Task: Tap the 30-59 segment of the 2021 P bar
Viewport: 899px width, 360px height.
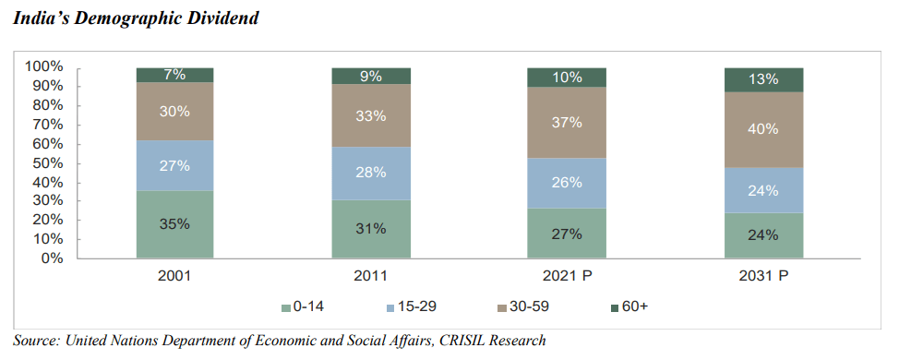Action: pyautogui.click(x=567, y=122)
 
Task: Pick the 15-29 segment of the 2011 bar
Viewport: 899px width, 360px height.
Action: pyautogui.click(x=370, y=174)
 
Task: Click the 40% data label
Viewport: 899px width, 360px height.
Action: pyautogui.click(x=763, y=129)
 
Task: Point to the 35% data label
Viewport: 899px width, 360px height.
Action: pyautogui.click(x=174, y=224)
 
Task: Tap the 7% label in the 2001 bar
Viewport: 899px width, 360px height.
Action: pyautogui.click(x=174, y=75)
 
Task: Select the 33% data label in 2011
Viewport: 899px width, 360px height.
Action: pyautogui.click(x=370, y=116)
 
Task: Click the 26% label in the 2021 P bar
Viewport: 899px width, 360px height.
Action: pyautogui.click(x=567, y=183)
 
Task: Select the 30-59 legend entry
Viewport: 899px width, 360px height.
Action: pyautogui.click(x=520, y=306)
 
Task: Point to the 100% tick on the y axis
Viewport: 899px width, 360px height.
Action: pyautogui.click(x=43, y=66)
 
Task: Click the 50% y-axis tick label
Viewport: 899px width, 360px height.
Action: pyautogui.click(x=47, y=162)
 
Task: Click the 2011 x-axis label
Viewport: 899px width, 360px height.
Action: pyautogui.click(x=370, y=275)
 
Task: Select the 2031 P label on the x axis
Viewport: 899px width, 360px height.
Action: pyautogui.click(x=763, y=275)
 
